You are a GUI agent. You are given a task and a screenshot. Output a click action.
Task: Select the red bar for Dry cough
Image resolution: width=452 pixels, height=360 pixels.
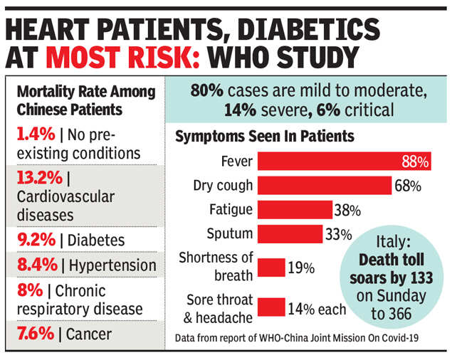(x=324, y=186)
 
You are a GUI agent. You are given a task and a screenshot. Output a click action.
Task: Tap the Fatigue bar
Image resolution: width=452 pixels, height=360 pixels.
(x=294, y=210)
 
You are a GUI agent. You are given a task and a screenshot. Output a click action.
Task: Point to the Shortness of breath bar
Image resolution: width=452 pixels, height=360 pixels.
(x=271, y=268)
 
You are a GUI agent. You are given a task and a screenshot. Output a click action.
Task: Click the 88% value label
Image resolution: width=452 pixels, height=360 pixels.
(x=414, y=162)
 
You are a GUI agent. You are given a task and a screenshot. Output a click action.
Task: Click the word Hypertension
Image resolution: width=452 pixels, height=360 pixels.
(x=113, y=265)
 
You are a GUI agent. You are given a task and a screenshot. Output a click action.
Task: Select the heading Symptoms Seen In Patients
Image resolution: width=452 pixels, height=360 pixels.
(x=265, y=135)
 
